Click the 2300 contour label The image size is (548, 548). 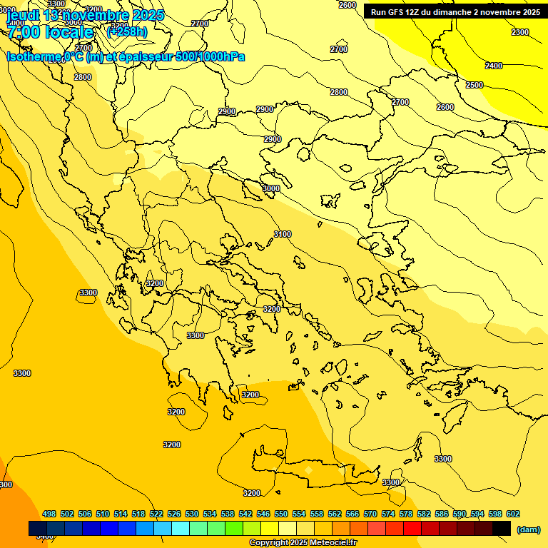coord(520,32)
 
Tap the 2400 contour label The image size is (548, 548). coord(494,66)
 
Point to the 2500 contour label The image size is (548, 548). coord(475,85)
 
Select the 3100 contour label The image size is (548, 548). coord(283,234)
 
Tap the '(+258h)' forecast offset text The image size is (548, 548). coord(127,31)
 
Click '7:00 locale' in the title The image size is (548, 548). coord(50,32)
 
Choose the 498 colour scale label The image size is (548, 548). coord(49,514)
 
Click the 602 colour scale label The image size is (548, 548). coord(513,514)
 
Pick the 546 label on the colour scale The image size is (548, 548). coord(263,514)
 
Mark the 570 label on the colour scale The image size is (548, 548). coord(370,514)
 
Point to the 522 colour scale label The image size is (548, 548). coord(156,514)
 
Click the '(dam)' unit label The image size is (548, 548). coord(528,529)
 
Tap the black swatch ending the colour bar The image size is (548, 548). coord(502,528)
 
